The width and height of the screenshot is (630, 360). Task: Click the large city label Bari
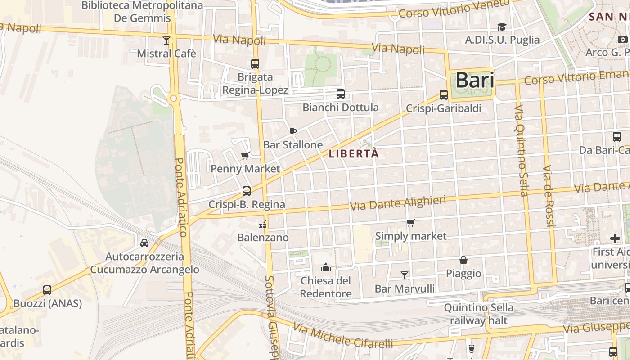[475, 81]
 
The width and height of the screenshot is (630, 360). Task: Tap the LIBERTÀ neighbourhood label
[354, 153]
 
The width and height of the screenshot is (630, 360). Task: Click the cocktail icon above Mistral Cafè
[166, 41]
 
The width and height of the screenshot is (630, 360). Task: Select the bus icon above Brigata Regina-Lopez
[255, 64]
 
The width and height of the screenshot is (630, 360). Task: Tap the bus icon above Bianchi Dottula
[341, 94]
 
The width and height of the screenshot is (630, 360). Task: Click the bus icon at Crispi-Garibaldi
[444, 95]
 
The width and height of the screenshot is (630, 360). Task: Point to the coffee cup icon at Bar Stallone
[293, 131]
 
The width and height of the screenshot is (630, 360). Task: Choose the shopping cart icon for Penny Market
[245, 156]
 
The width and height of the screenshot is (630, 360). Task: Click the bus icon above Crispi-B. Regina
[247, 191]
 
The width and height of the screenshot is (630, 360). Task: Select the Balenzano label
[263, 237]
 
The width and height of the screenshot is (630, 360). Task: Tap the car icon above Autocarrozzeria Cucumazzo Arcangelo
[144, 243]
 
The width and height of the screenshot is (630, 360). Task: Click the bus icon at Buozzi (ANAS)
[47, 290]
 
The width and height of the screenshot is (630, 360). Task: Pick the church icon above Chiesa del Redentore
[326, 268]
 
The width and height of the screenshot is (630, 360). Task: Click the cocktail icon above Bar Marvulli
[405, 275]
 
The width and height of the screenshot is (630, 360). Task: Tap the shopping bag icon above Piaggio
[463, 260]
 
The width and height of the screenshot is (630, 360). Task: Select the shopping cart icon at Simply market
[410, 223]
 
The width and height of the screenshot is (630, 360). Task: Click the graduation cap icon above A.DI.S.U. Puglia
[502, 27]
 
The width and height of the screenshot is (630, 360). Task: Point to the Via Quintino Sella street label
[522, 151]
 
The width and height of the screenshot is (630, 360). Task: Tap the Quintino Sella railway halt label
[479, 314]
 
